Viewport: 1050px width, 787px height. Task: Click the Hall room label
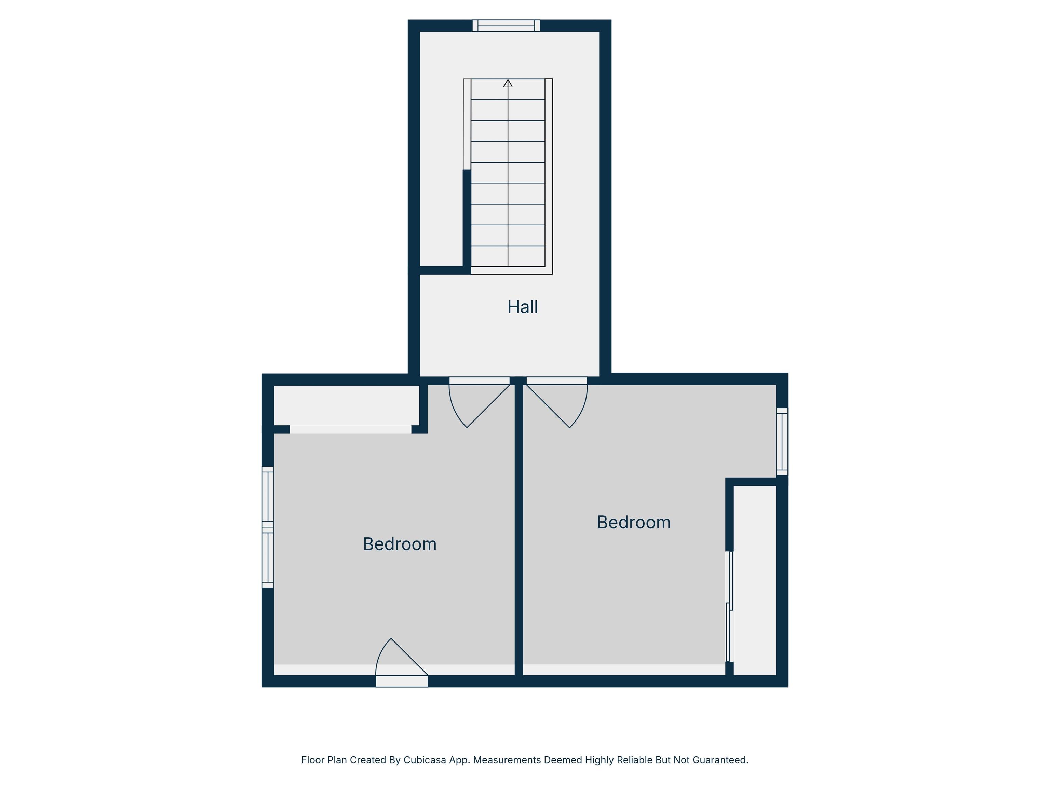click(x=522, y=307)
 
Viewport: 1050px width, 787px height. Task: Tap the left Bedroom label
click(x=400, y=544)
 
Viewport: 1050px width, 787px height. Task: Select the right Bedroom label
click(x=634, y=522)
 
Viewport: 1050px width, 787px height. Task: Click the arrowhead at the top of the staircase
click(x=508, y=83)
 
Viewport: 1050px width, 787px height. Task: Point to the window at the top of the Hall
click(x=506, y=26)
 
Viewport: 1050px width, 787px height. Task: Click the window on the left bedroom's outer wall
click(x=268, y=527)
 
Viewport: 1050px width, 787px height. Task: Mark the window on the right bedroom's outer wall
click(x=782, y=442)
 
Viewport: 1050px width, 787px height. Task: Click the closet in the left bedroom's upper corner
click(x=347, y=405)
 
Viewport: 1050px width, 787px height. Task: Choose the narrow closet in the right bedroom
click(x=755, y=580)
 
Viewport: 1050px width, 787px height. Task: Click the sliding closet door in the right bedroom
click(x=730, y=606)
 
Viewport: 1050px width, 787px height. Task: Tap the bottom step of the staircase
click(x=508, y=256)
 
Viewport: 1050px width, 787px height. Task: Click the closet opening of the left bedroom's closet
click(x=350, y=429)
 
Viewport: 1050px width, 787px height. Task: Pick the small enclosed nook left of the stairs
click(x=442, y=149)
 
